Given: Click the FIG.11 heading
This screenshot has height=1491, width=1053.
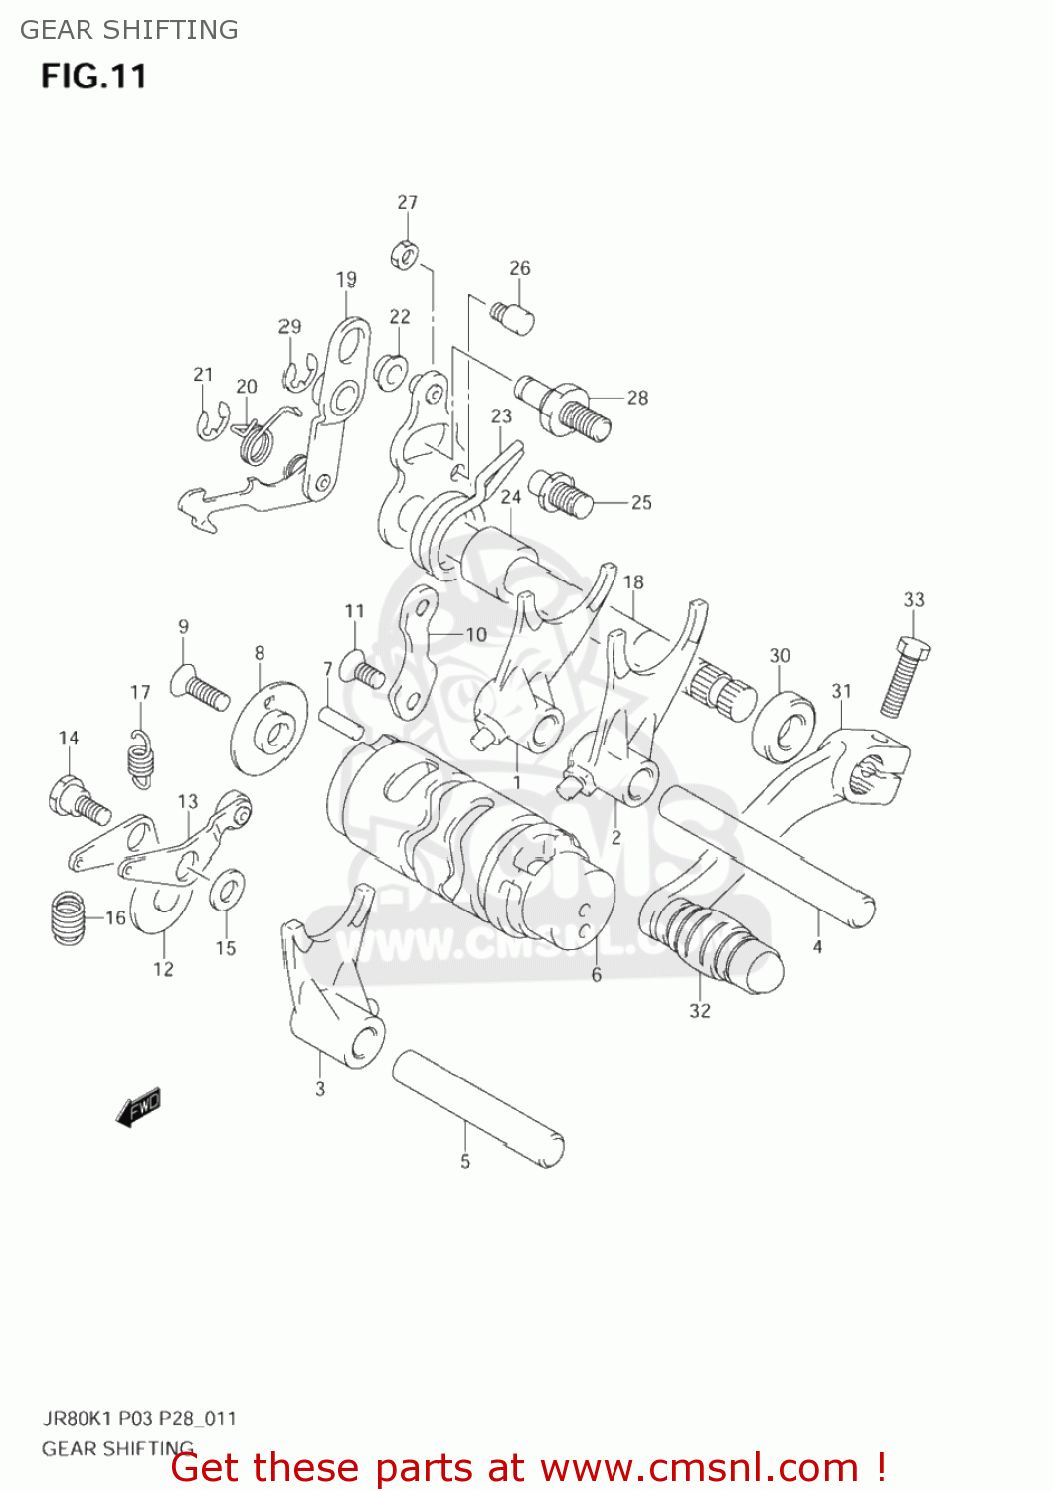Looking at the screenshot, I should (93, 77).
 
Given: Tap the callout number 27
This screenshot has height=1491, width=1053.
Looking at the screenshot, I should (408, 203).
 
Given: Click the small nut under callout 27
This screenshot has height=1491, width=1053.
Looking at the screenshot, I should (404, 254).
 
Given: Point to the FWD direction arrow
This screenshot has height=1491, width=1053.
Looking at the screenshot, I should (138, 1107).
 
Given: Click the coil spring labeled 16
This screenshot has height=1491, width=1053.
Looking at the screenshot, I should (68, 917).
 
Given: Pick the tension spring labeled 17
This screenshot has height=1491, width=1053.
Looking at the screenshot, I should (142, 758).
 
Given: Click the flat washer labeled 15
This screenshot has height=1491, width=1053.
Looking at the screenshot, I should (228, 889).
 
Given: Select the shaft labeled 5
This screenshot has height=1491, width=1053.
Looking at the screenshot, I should (477, 1108).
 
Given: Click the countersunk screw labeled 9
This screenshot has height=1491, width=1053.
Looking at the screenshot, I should (199, 686).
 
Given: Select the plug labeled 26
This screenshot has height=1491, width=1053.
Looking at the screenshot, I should (513, 317).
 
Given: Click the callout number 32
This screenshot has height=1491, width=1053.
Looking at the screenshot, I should (700, 1011).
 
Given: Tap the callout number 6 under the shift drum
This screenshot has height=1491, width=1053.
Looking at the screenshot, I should (596, 975).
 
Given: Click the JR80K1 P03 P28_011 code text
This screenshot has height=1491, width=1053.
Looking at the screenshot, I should (139, 1418).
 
